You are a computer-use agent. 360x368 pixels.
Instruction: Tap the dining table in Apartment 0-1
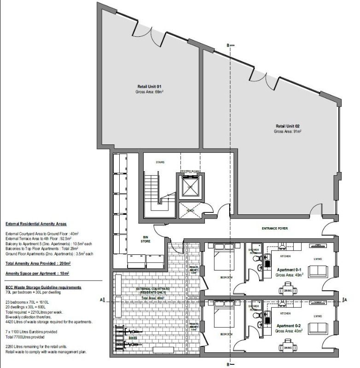pyautogui.click(x=288, y=290)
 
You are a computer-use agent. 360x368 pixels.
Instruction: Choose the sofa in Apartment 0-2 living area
pyautogui.click(x=317, y=328)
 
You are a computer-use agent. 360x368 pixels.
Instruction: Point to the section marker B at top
pyautogui.click(x=228, y=45)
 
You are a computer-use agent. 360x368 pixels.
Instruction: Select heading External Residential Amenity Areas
pyautogui.click(x=36, y=224)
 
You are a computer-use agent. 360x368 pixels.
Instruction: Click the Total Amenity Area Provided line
pyautogui.click(x=38, y=264)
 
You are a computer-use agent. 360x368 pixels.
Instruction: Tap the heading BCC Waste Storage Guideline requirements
pyautogui.click(x=43, y=287)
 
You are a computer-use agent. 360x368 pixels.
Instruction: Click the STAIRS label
pyautogui.click(x=160, y=162)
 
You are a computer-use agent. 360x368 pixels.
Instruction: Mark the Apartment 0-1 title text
pyautogui.click(x=289, y=270)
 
